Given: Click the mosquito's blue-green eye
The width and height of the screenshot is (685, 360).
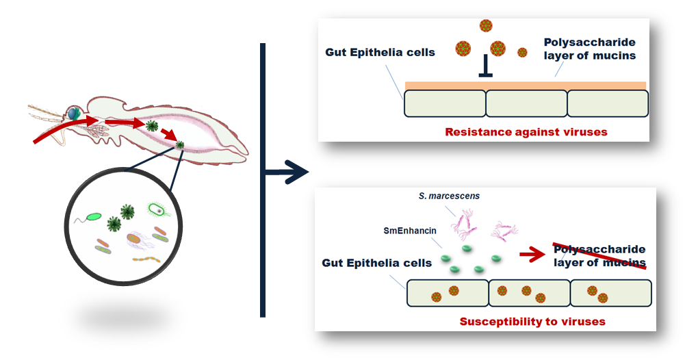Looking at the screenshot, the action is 73,114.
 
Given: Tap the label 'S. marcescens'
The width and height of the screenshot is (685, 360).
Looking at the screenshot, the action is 449,196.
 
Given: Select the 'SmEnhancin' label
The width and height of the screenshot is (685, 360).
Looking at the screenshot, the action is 410,231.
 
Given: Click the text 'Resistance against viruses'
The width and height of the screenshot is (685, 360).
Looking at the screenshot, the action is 526,132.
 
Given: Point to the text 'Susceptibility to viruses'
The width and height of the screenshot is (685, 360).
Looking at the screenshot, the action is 532,322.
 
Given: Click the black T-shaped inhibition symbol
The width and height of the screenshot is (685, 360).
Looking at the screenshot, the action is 485,66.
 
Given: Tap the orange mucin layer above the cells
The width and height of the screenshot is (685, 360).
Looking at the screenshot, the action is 525,86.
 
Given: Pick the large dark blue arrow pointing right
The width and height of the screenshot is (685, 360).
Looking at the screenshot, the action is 287,172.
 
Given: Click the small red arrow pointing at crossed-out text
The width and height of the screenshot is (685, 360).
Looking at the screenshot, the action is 532,254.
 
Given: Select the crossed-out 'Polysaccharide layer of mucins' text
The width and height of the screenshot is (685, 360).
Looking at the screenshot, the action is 599,256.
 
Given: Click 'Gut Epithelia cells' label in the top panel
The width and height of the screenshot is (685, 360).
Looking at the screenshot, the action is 380,53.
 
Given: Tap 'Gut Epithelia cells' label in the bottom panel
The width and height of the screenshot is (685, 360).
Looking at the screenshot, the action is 376,263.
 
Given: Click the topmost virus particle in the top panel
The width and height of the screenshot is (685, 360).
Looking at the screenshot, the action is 486,25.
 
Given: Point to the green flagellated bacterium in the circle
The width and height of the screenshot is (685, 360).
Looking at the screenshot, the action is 93,216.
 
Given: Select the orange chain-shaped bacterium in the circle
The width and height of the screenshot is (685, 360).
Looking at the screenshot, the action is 146,260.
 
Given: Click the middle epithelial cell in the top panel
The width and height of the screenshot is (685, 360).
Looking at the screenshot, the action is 526,103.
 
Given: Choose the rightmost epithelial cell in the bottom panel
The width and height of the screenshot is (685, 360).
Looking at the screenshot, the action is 610,293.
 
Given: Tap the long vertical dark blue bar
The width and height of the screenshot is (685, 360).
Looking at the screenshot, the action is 263,180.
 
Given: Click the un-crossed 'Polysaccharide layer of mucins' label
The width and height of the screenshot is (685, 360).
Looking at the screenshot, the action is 589,49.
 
